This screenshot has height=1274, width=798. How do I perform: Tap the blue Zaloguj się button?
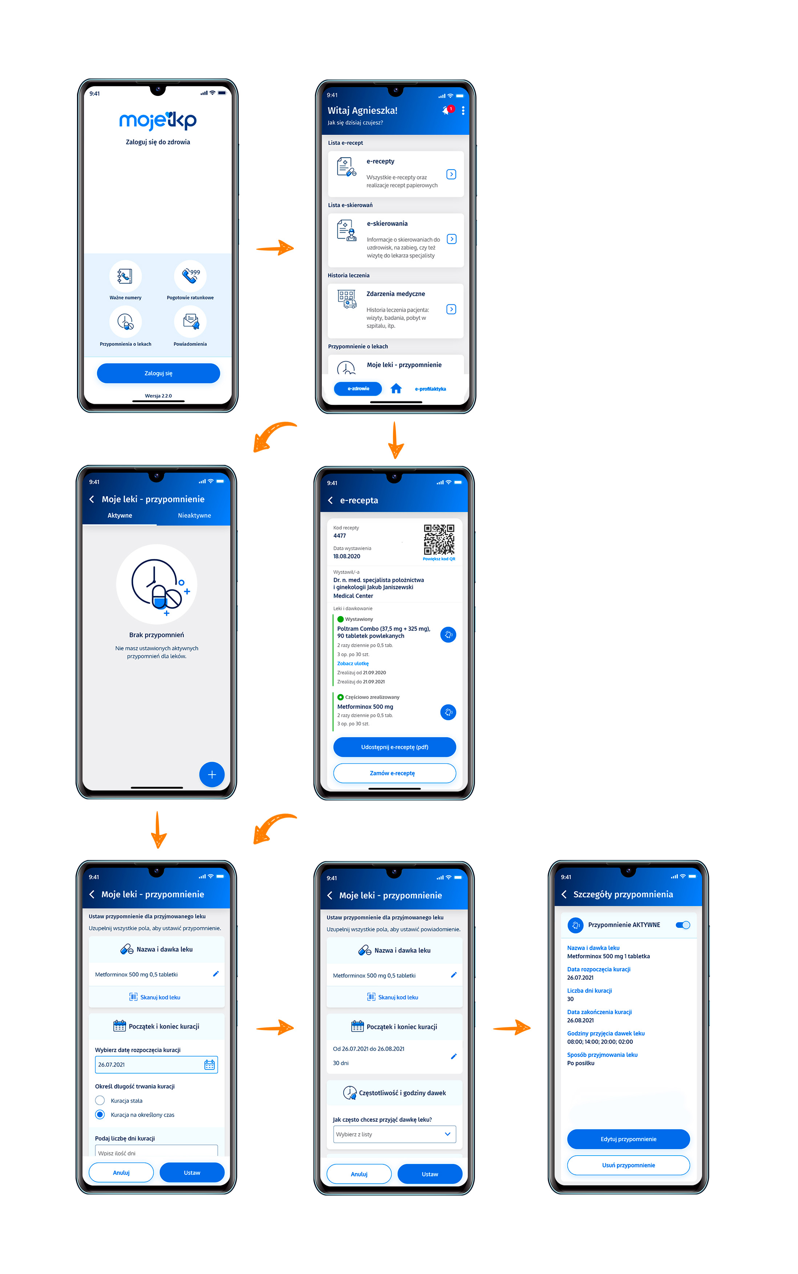pos(158,373)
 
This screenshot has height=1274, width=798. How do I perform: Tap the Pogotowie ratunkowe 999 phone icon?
pos(190,275)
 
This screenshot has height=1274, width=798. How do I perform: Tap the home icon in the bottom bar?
pos(396,389)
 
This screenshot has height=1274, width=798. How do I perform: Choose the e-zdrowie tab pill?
pos(358,389)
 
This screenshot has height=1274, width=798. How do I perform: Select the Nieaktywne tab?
pos(194,515)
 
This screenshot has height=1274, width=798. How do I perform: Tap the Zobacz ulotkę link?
pos(353,664)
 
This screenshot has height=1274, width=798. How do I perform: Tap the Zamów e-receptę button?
pos(395,773)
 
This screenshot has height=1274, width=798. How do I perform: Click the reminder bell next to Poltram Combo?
pos(448,634)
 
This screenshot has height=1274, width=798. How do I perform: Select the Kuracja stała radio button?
pos(100,1100)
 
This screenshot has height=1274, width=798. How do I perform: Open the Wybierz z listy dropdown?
pos(395,1134)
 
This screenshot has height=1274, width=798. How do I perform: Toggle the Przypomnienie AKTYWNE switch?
pos(683,925)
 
